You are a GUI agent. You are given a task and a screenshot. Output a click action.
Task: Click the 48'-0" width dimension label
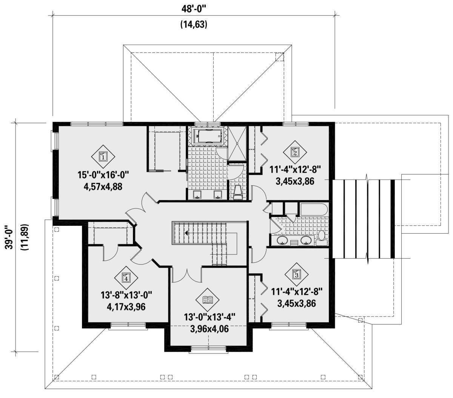(194, 9)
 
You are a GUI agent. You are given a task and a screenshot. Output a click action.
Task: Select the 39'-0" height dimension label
(10, 237)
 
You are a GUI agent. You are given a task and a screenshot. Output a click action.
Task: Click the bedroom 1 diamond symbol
(103, 157)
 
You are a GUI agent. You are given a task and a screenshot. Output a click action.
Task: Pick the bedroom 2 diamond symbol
(295, 153)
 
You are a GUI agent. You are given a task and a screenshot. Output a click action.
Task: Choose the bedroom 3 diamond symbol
(296, 274)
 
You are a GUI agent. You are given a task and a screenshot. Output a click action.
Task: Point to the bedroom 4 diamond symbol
(126, 278)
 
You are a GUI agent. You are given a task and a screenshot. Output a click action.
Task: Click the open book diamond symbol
(208, 300)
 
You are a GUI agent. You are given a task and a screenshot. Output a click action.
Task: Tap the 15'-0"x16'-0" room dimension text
(103, 175)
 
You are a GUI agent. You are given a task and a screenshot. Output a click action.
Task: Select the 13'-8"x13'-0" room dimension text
(126, 296)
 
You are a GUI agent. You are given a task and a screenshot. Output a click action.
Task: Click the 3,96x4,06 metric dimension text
(210, 329)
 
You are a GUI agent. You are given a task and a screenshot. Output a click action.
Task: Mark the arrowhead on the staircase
(186, 233)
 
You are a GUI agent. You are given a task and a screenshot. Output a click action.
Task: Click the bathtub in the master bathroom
(208, 136)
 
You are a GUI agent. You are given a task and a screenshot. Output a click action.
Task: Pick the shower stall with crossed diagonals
(237, 143)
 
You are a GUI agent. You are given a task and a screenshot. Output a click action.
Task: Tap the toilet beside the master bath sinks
(237, 193)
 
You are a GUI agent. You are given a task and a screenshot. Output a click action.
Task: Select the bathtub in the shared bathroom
(313, 210)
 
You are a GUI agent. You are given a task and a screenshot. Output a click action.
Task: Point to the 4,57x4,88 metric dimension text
(103, 187)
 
